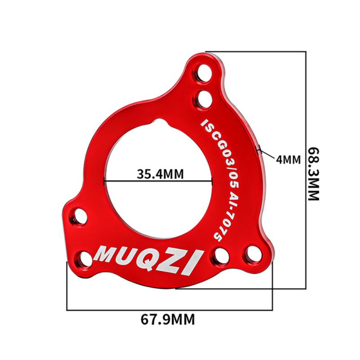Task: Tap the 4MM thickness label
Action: pyautogui.click(x=288, y=159)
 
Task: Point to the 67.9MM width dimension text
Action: pyautogui.click(x=168, y=320)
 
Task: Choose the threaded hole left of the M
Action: pyautogui.click(x=84, y=258)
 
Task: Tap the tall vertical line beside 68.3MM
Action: pyautogui.click(x=306, y=171)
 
